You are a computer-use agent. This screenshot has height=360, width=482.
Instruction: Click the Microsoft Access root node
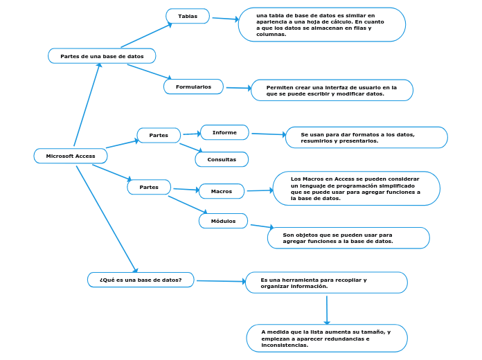(x=71, y=156)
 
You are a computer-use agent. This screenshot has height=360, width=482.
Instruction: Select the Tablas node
(x=188, y=16)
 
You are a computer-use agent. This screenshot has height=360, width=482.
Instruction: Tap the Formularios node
(x=193, y=87)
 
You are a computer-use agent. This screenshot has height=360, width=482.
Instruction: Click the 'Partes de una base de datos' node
(x=102, y=55)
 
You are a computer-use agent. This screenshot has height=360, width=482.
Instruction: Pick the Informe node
(x=224, y=132)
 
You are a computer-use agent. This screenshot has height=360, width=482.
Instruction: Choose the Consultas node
(x=222, y=159)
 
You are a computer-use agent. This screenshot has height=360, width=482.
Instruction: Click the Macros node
(x=222, y=191)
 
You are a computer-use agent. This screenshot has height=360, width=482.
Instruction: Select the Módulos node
(x=223, y=221)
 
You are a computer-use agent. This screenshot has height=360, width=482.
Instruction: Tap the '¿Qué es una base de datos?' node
(x=141, y=280)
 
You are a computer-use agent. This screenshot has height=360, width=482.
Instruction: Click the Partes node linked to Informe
(x=159, y=135)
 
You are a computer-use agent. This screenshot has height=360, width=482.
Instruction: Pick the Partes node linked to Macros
(x=149, y=187)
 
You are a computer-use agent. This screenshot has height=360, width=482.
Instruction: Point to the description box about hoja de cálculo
(x=322, y=25)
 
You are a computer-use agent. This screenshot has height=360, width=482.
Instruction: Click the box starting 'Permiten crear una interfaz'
(x=332, y=90)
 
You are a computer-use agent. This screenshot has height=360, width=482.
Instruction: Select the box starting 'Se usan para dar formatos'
(x=366, y=137)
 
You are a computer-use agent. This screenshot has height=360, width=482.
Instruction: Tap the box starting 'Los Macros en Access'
(x=357, y=188)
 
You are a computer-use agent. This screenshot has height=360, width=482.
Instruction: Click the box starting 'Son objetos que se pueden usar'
(x=348, y=237)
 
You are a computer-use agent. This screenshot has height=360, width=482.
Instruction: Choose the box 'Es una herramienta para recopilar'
(x=326, y=282)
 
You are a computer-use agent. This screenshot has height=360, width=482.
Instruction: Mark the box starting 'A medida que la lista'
(x=327, y=338)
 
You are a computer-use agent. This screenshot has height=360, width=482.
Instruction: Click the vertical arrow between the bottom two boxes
(x=327, y=309)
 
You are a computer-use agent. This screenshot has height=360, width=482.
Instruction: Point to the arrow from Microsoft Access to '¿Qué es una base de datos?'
(x=107, y=219)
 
